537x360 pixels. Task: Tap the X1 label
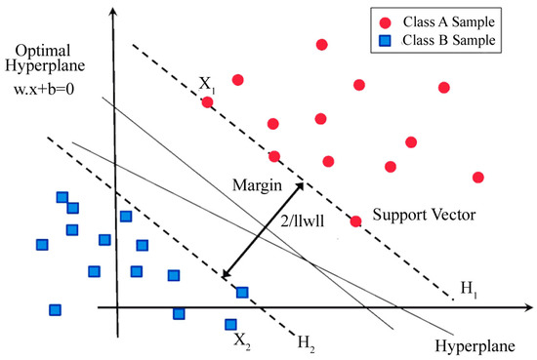[208, 84]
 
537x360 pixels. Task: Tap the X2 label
[241, 341]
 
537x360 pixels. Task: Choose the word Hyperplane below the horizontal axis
[470, 344]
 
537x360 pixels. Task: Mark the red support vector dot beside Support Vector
[356, 221]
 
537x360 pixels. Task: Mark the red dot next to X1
[207, 101]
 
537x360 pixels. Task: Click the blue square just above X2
[230, 324]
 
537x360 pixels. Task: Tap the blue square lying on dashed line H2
[242, 292]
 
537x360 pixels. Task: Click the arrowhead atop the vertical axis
[114, 11]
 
